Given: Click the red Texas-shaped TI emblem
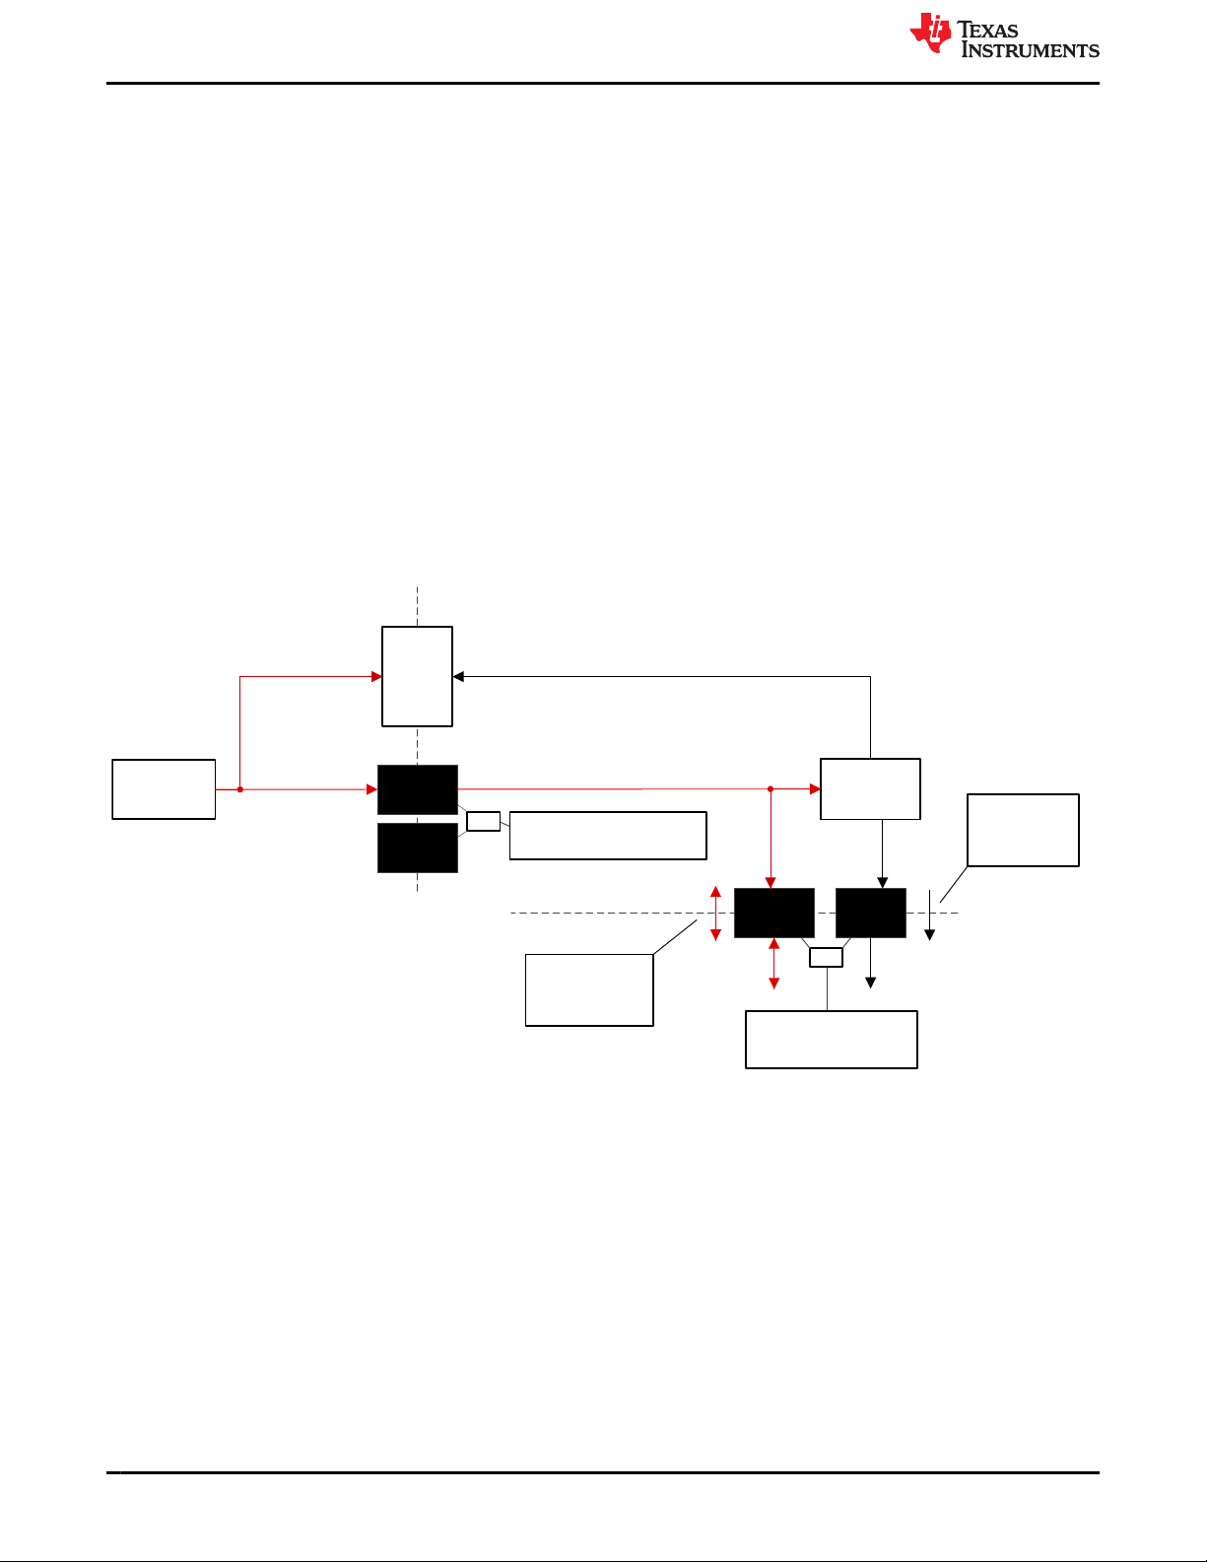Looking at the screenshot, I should pyautogui.click(x=930, y=33).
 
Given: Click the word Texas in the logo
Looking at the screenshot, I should pyautogui.click(x=988, y=30).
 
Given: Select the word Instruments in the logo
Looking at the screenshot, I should pyautogui.click(x=1030, y=50).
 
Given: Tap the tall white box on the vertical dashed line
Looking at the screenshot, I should pyautogui.click(x=417, y=676).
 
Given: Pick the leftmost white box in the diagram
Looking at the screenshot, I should pyautogui.click(x=164, y=788).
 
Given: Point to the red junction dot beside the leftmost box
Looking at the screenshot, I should pyautogui.click(x=239, y=789).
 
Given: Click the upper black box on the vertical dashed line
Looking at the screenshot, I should pyautogui.click(x=418, y=789).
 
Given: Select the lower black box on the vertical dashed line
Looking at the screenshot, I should pyautogui.click(x=418, y=848).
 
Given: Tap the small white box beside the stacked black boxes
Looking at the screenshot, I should pyautogui.click(x=483, y=821).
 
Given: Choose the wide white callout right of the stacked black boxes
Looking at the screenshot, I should pyautogui.click(x=608, y=836).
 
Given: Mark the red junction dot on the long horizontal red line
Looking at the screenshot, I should pyautogui.click(x=771, y=788).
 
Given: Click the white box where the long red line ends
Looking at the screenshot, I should pyautogui.click(x=870, y=788).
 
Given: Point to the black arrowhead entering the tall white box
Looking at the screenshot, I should pyautogui.click(x=458, y=677).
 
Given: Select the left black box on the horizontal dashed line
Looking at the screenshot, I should pyautogui.click(x=774, y=913).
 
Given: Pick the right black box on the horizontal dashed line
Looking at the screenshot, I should pyautogui.click(x=870, y=913).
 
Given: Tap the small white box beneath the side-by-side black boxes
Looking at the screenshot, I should pyautogui.click(x=826, y=957).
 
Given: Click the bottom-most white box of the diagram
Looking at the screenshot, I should pyautogui.click(x=832, y=1039).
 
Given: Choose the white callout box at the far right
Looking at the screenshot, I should pyautogui.click(x=1023, y=830).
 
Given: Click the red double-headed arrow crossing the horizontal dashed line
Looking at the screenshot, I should pyautogui.click(x=715, y=913).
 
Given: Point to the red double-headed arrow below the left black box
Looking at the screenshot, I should pyautogui.click(x=773, y=964).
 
